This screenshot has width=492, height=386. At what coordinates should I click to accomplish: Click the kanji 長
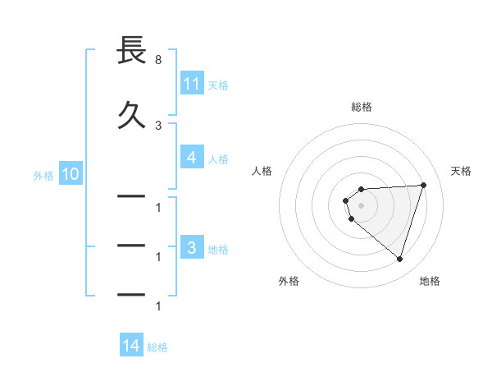(131, 51)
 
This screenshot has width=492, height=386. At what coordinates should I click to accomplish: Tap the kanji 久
(131, 115)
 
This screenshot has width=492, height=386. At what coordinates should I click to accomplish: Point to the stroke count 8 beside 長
(157, 60)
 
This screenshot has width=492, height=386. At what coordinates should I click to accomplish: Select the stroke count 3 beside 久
(157, 125)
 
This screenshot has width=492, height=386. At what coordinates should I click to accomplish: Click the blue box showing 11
(191, 83)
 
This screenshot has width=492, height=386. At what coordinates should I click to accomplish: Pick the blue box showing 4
(191, 158)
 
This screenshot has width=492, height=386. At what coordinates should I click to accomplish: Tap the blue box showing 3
(191, 248)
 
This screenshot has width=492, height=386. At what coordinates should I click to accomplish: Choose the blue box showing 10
(70, 174)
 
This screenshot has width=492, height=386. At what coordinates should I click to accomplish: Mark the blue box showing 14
(131, 347)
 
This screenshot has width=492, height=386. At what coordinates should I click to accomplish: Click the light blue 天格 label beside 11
(218, 84)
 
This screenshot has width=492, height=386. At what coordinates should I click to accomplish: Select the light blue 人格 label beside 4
(218, 159)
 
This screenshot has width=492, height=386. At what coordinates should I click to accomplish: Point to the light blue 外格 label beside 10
(43, 175)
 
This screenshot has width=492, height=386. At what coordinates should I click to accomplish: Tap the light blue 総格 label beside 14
(157, 347)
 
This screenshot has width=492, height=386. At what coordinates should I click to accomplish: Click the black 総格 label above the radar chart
(362, 107)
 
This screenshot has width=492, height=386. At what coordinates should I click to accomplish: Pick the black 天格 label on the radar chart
(462, 171)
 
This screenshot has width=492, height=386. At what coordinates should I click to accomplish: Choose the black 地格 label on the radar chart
(430, 281)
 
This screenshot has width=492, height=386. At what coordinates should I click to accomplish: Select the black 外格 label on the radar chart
(289, 281)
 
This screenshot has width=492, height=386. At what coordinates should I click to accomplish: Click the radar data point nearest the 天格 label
(423, 185)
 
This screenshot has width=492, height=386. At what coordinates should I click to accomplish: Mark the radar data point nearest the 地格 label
(399, 259)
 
